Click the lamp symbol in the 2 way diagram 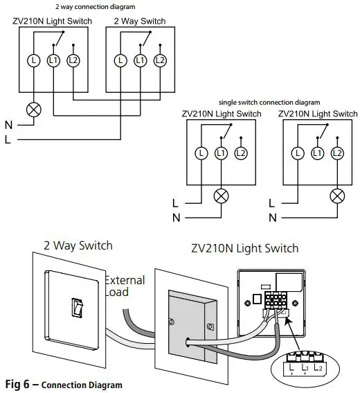tap(34, 110)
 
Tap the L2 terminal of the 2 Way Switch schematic tap(160, 60)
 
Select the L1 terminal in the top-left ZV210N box tap(53, 60)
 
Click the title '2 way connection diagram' tap(96, 7)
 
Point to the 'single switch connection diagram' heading tap(269, 103)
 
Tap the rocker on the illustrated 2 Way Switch tap(77, 308)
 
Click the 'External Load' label tap(125, 286)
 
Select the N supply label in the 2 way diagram tap(8, 125)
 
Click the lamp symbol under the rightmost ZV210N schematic tap(337, 196)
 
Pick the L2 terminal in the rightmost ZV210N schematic tap(337, 153)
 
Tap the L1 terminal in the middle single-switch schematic tap(221, 153)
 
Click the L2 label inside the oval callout tap(318, 367)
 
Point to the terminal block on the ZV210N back tap(276, 299)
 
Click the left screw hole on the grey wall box tap(172, 322)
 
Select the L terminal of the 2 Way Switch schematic tap(120, 60)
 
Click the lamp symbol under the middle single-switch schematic tap(221, 196)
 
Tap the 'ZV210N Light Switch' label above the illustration tap(245, 248)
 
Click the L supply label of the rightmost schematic tap(271, 203)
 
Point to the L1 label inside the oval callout tap(305, 367)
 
